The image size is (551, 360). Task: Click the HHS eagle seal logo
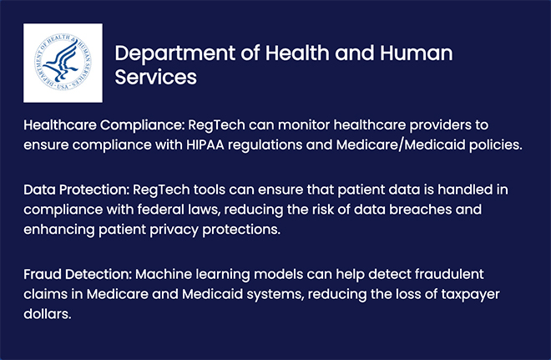click(x=63, y=63)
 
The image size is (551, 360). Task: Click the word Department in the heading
click(x=175, y=53)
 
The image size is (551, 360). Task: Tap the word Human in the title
click(x=416, y=53)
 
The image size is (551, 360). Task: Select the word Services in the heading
click(x=155, y=77)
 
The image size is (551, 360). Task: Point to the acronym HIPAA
click(x=205, y=145)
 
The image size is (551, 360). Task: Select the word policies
click(x=496, y=145)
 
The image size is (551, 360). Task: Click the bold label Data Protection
click(x=77, y=190)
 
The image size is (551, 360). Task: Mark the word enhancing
click(x=59, y=230)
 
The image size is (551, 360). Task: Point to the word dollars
click(x=48, y=313)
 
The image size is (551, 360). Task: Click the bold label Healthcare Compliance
click(x=104, y=125)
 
